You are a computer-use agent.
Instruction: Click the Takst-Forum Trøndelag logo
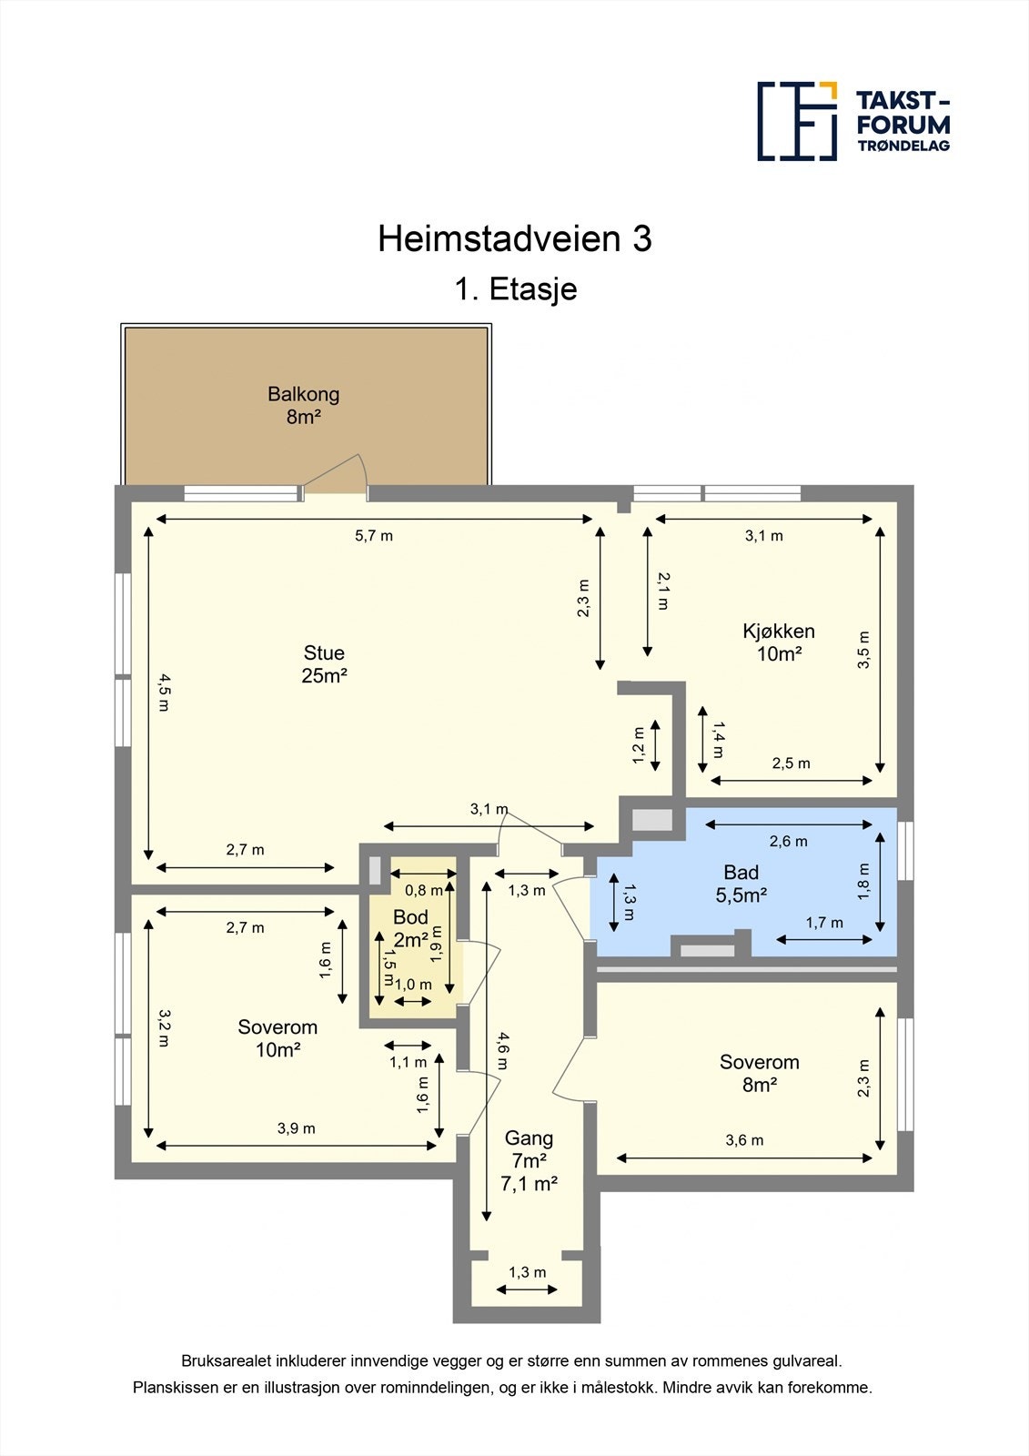853,121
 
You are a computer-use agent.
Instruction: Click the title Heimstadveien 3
514,239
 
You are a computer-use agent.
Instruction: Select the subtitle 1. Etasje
515,289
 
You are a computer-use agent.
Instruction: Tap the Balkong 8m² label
303,406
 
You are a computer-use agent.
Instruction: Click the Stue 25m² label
324,663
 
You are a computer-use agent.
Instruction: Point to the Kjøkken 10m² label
778,642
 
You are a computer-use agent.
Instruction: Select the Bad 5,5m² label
741,884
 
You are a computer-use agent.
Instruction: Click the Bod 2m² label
410,928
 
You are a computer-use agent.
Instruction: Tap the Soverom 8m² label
759,1073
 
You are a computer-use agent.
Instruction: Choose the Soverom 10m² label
277,1038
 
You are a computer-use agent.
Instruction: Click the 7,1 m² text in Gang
529,1184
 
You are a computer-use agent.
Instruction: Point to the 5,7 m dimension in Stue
374,536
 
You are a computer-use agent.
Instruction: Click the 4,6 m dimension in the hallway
502,1050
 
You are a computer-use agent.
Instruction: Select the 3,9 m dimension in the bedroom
296,1128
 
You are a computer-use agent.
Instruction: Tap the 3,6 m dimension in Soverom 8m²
744,1140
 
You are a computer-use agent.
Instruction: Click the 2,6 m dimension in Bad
788,842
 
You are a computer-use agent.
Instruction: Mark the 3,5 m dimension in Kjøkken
863,651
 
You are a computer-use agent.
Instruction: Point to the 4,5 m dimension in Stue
163,692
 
